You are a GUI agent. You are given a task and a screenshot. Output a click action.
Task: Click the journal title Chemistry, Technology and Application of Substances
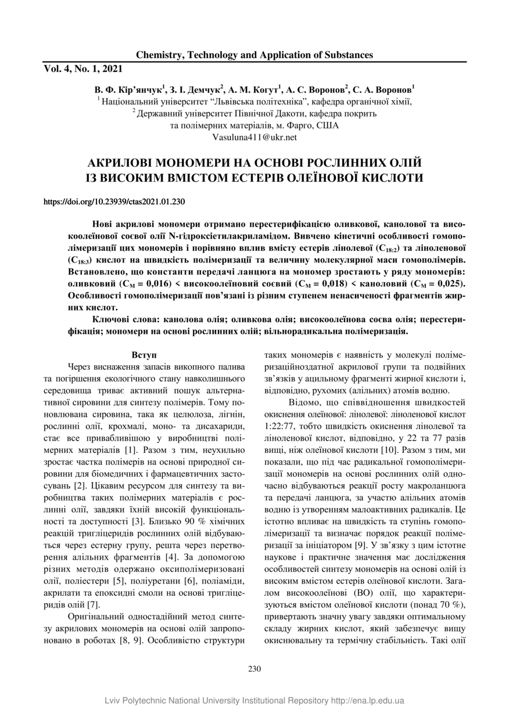pos(254,55)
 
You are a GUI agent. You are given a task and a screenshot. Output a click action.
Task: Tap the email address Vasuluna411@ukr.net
pos(255,137)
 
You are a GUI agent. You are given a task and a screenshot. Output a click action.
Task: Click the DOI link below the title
pos(114,202)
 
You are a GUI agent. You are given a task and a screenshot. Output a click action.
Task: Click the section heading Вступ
pos(144,354)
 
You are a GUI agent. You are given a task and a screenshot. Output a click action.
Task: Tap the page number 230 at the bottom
pos(254,668)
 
